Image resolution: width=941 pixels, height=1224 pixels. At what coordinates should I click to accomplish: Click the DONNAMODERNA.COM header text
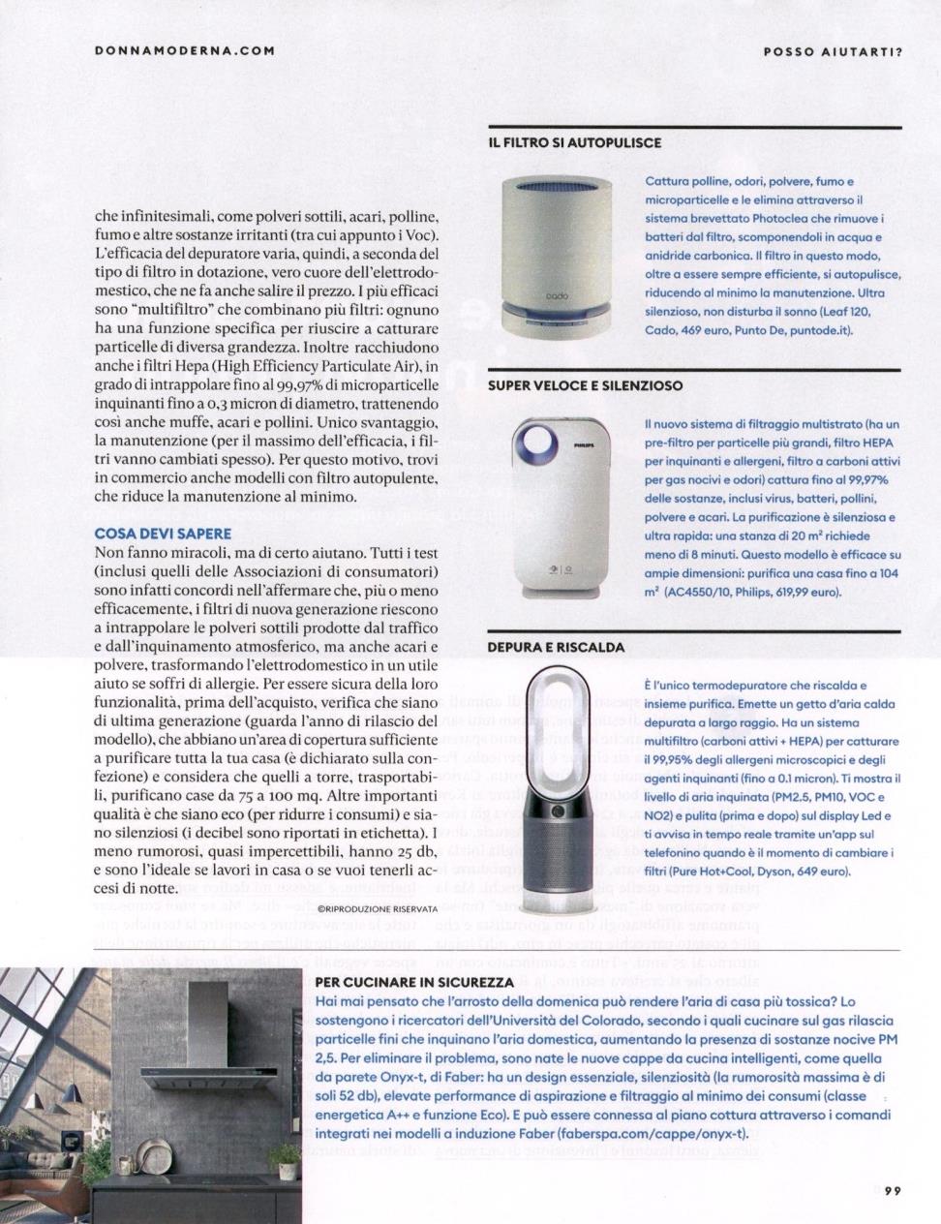[185, 50]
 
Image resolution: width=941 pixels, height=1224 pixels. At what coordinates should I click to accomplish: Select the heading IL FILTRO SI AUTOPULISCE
[575, 142]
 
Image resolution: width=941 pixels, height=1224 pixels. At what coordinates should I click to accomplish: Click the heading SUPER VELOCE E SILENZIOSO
[585, 384]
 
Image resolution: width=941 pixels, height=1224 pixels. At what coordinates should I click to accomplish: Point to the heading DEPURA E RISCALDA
[556, 646]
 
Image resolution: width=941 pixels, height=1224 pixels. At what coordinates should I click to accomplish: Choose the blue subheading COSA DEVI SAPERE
[163, 534]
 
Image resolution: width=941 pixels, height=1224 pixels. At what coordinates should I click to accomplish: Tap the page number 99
[892, 1192]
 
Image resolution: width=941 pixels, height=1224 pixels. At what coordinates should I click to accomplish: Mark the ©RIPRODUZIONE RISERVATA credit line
[378, 908]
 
